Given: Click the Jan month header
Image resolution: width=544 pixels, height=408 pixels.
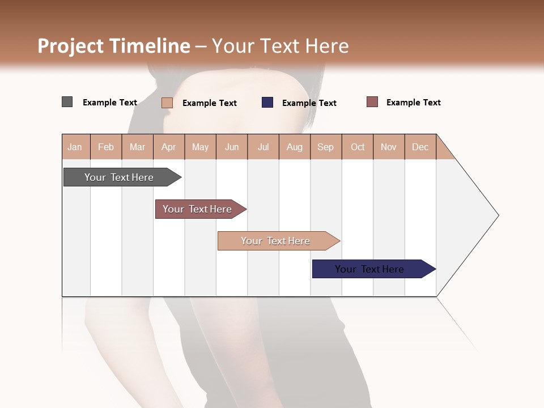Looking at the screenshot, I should [75, 147].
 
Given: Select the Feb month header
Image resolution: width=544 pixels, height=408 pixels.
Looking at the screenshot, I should [106, 147].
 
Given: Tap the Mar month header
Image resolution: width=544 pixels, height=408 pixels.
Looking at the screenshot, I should [137, 147].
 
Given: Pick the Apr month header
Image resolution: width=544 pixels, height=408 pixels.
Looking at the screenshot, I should [169, 147].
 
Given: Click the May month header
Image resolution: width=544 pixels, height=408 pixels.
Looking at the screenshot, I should [200, 147].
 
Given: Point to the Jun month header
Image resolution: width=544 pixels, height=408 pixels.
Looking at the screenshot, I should [232, 147].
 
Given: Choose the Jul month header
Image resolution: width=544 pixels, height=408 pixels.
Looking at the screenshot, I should [263, 147].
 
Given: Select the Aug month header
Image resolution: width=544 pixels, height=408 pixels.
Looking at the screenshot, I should [295, 147].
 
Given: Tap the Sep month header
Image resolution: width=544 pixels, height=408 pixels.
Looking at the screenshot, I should [326, 147].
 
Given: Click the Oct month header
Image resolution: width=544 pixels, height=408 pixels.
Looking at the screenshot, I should [358, 147].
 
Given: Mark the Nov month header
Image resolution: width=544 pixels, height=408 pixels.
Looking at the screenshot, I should [389, 147].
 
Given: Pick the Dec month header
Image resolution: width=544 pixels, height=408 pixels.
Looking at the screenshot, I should [420, 147].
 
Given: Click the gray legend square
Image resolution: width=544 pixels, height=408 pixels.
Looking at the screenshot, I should [67, 102].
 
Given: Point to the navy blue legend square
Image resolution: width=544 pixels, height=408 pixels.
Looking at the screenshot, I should [267, 103].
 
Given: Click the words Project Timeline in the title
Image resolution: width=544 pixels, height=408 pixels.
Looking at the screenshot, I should [114, 46].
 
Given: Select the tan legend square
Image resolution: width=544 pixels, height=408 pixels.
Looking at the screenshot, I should [167, 103].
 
